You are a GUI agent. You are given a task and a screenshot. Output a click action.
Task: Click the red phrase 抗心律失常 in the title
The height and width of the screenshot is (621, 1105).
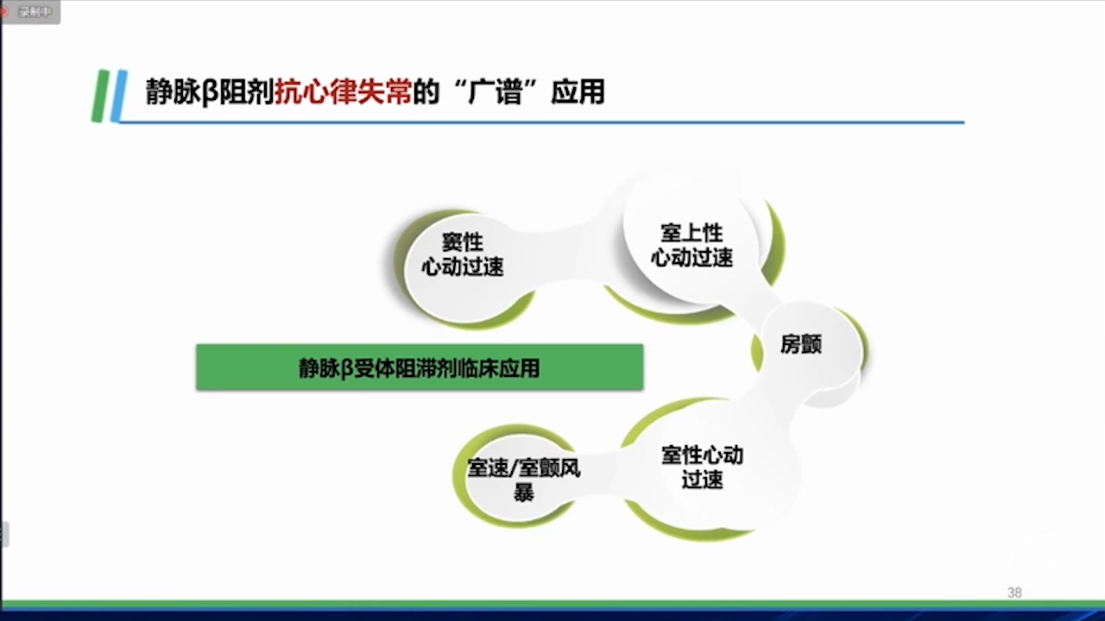tap(343, 91)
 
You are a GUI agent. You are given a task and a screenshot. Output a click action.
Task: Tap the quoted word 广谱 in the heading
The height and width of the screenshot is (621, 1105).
tap(495, 91)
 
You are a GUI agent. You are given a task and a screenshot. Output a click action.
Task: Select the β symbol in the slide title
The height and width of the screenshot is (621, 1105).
tap(209, 92)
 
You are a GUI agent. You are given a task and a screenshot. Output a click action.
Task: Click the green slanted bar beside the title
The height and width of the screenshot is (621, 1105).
tap(101, 96)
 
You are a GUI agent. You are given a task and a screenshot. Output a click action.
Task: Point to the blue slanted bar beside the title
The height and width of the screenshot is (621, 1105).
tap(119, 96)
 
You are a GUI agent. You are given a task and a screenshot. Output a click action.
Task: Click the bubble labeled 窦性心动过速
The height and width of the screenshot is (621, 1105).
tap(462, 268)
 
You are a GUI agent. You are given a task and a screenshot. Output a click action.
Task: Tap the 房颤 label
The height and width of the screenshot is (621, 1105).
tap(800, 344)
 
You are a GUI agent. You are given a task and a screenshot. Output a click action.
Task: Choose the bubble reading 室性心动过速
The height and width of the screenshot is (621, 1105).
tap(702, 467)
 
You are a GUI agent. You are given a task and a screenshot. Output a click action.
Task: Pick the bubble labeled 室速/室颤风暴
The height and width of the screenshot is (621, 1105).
tap(523, 478)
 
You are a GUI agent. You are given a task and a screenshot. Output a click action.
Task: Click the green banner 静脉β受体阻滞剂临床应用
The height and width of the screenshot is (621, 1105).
tap(420, 367)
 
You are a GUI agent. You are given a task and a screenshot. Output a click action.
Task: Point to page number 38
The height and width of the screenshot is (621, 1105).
tap(1014, 593)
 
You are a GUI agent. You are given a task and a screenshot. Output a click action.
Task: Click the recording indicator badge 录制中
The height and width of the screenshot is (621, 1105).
tap(29, 11)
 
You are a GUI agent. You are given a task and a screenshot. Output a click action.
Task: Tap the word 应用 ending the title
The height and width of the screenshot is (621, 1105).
tap(578, 91)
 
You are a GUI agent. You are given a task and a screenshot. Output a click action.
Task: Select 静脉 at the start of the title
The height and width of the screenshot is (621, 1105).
tap(173, 91)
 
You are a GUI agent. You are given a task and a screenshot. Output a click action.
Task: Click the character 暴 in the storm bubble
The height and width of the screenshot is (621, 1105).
tap(523, 492)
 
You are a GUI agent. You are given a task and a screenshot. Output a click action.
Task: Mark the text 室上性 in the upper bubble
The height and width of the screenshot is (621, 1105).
tap(691, 233)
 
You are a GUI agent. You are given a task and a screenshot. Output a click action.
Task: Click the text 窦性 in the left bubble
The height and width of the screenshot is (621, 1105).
tap(462, 242)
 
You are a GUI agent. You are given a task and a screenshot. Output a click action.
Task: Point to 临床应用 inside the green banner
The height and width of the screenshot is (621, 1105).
tap(499, 367)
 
